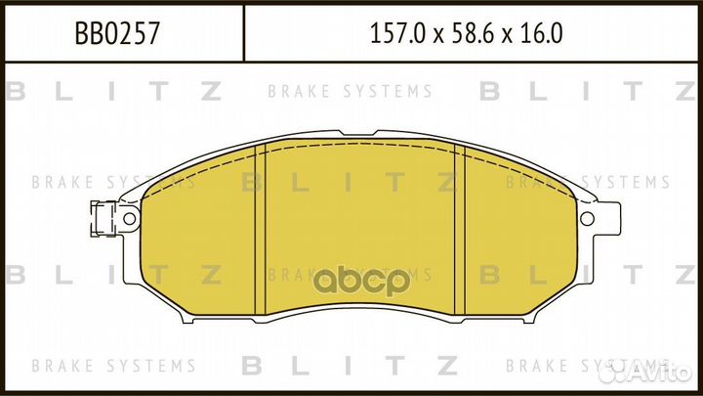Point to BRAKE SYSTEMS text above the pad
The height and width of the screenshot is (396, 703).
coord(350,92)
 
